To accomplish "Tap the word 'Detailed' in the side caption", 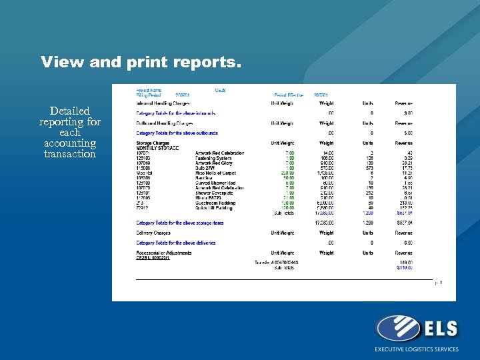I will coord(69,111).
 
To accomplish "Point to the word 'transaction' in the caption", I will coord(70,154).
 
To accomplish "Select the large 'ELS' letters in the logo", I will coord(439,327).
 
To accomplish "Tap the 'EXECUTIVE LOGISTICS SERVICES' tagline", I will coord(417,349).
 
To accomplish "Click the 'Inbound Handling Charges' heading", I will coord(163,103).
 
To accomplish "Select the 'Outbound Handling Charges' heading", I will coord(165,123).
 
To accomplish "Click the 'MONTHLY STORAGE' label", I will coord(157,148).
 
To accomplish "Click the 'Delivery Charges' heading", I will coord(153,233).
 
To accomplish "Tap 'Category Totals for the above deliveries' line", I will coord(176,243).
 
